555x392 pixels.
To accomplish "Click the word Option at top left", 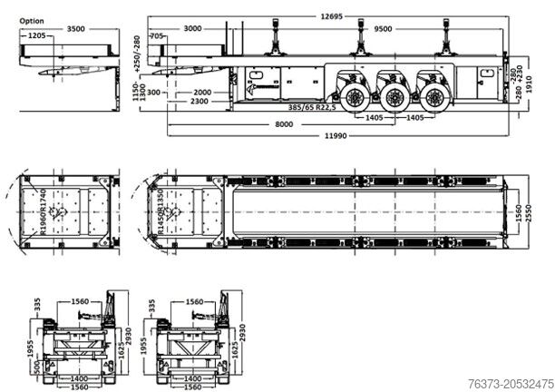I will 31,20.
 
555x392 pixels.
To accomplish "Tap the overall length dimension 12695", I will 334,16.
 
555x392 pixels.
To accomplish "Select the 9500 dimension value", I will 384,29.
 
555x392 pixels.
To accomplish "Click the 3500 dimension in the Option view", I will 76,29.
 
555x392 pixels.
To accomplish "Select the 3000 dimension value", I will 194,29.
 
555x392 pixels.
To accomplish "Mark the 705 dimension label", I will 157,35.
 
